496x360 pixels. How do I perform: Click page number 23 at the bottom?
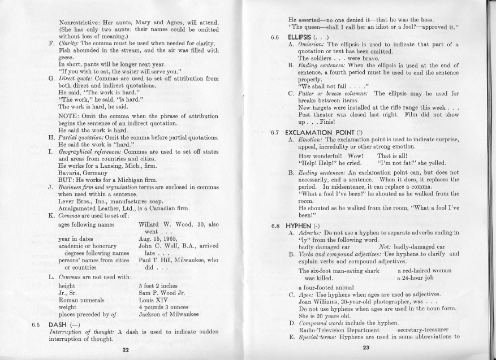[366, 348]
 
